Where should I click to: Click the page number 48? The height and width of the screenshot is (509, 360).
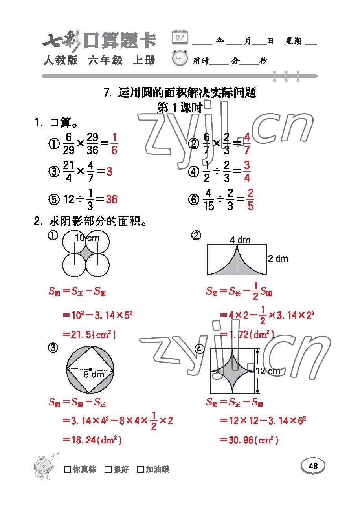click(313, 466)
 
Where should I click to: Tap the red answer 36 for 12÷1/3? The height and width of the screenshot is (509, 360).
click(112, 200)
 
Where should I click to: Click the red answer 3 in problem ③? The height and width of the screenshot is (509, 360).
click(109, 171)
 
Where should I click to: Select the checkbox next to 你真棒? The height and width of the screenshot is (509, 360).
click(68, 469)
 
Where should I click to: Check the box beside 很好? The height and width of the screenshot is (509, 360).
click(108, 469)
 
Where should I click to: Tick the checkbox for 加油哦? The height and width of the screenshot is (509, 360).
click(140, 469)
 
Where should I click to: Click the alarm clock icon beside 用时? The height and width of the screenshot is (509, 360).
click(180, 59)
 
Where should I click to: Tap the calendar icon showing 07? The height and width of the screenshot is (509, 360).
click(180, 37)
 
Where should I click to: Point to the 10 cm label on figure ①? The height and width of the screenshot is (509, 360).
click(87, 238)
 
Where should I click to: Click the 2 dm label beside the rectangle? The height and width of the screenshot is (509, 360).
click(278, 258)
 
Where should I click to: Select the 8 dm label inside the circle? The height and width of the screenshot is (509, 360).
click(94, 375)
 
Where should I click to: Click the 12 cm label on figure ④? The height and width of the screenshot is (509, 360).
click(268, 371)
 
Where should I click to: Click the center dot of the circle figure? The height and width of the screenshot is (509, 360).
click(90, 369)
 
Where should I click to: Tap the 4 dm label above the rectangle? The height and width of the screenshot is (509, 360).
click(240, 240)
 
